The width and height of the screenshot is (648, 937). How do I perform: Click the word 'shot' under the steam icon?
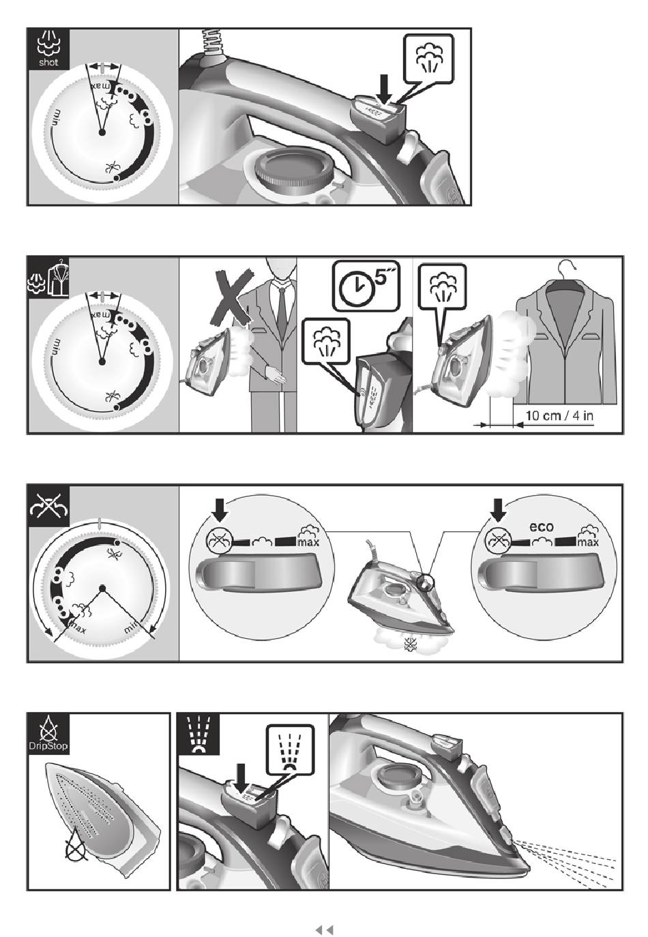[48, 62]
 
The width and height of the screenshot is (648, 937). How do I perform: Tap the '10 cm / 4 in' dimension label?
[559, 415]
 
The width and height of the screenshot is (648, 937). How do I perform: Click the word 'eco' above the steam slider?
[542, 526]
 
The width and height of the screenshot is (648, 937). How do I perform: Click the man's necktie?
[282, 307]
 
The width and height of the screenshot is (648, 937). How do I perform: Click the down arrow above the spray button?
[241, 778]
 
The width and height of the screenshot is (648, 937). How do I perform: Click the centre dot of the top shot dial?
[102, 132]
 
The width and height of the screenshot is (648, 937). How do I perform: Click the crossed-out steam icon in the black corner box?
[48, 506]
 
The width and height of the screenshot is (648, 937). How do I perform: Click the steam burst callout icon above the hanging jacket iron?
[443, 287]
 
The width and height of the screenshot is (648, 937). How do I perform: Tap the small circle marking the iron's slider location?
[426, 582]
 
